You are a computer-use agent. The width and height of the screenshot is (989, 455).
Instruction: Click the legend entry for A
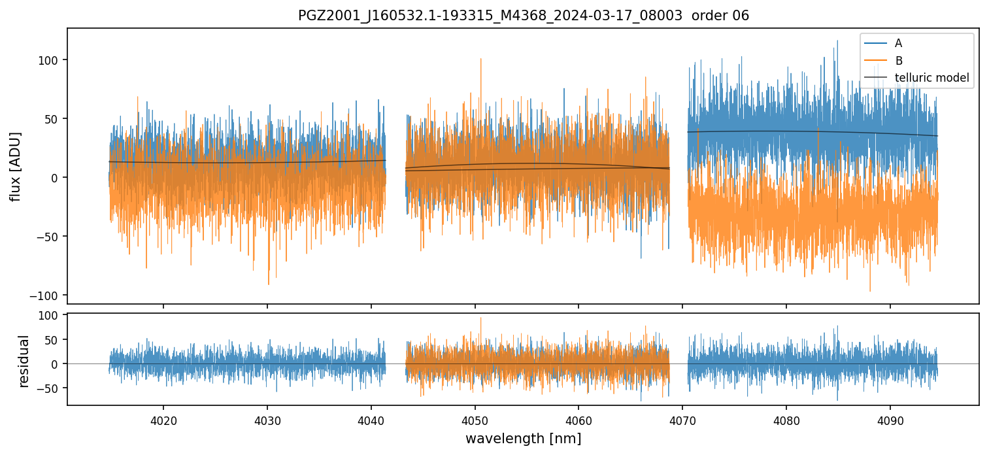pos(898,43)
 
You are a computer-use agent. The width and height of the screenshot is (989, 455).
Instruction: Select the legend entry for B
pos(898,61)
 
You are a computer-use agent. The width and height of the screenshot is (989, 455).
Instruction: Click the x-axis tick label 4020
pos(163,421)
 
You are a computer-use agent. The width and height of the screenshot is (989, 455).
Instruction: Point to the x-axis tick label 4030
pos(267,421)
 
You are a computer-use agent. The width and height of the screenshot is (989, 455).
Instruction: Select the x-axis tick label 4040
pos(371,421)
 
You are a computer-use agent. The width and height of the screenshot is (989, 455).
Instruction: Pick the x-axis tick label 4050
pos(475,421)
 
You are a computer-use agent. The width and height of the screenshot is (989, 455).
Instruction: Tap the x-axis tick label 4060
pos(578,421)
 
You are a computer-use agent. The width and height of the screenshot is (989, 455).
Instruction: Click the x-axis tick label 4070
pos(682,421)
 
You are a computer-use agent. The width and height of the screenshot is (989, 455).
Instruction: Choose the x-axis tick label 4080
pos(786,421)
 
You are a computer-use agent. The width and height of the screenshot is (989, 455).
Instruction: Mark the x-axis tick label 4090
pos(890,421)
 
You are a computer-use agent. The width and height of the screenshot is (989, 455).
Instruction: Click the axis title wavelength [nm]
pos(523,439)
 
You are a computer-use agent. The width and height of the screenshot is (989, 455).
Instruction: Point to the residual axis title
pos(24,361)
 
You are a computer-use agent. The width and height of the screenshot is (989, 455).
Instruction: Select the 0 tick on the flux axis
pos(57,178)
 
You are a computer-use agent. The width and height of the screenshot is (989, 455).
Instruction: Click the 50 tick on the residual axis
pos(53,339)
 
